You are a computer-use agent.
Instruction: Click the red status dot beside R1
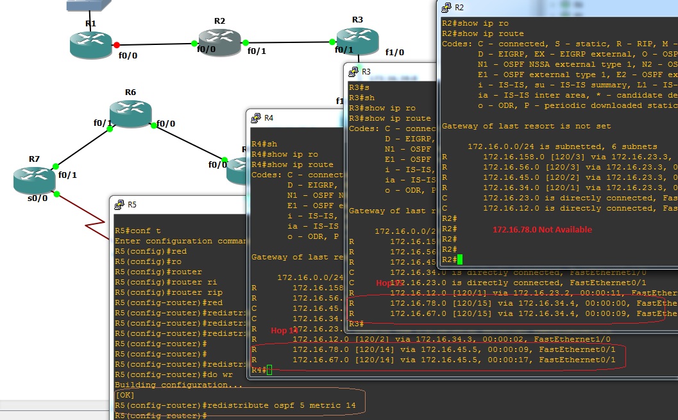point(116,45)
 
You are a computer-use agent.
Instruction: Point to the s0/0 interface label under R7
point(38,198)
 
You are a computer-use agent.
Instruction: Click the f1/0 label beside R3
point(394,52)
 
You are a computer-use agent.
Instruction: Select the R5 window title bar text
point(132,205)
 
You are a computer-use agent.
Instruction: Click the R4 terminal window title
point(269,118)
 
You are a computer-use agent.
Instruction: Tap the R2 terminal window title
point(459,7)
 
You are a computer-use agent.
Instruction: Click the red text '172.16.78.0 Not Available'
point(542,229)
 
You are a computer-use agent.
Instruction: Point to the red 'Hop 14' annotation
point(285,330)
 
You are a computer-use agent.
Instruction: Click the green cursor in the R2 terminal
point(460,259)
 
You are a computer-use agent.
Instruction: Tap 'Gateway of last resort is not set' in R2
point(526,126)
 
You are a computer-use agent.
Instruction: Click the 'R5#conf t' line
point(137,231)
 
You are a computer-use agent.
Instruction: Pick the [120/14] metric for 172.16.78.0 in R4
point(377,349)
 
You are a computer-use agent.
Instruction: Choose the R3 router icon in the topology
point(357,41)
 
